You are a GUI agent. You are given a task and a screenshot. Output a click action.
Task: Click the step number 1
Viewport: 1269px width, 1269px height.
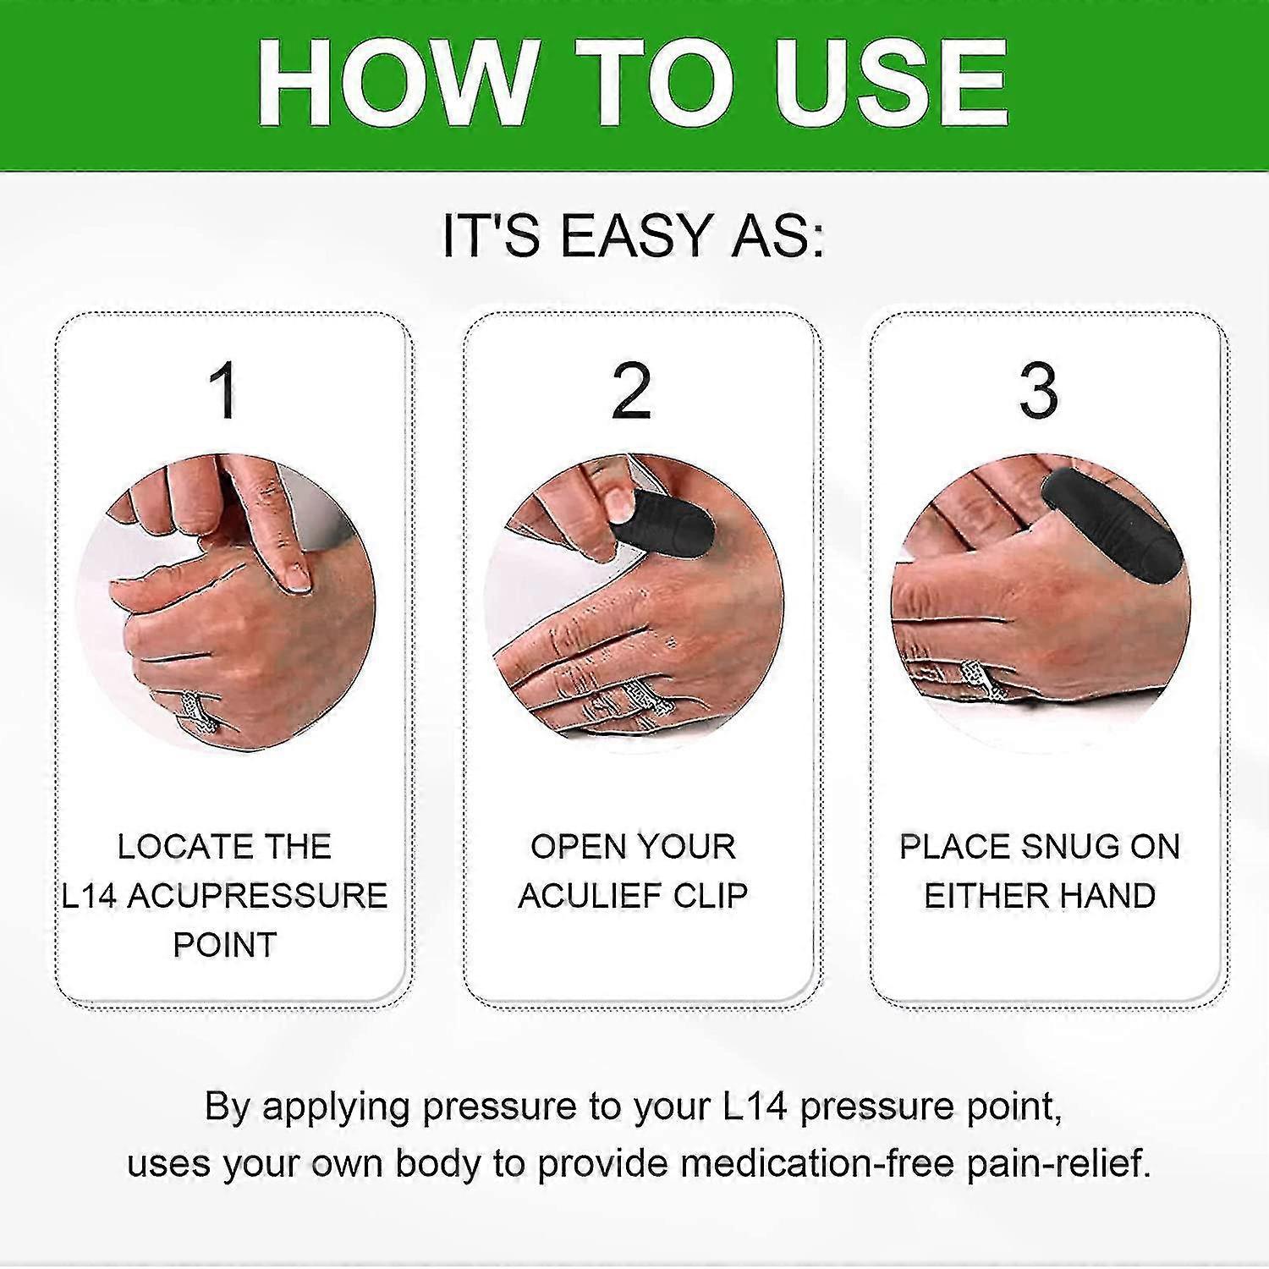(x=224, y=391)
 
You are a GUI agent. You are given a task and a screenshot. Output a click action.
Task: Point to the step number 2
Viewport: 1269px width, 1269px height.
(x=632, y=391)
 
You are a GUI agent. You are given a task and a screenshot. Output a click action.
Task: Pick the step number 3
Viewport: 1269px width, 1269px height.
(x=1039, y=391)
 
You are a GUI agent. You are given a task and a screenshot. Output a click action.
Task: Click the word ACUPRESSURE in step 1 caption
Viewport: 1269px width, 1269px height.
(x=257, y=896)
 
